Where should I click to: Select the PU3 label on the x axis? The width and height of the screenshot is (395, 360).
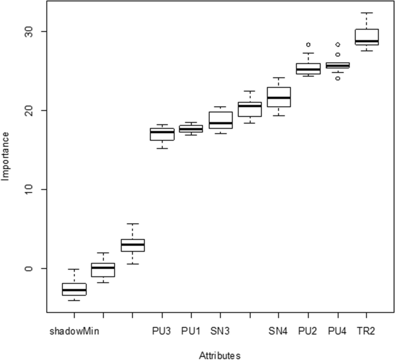pyautogui.click(x=161, y=331)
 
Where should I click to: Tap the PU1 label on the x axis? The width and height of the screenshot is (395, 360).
pyautogui.click(x=191, y=331)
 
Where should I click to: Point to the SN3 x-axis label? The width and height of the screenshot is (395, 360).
pyautogui.click(x=220, y=331)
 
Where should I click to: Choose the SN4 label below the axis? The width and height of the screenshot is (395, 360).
pyautogui.click(x=279, y=331)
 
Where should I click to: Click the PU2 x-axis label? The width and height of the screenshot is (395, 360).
pyautogui.click(x=308, y=331)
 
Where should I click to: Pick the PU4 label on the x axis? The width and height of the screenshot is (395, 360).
pyautogui.click(x=337, y=331)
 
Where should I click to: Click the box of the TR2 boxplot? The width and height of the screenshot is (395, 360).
pyautogui.click(x=367, y=36)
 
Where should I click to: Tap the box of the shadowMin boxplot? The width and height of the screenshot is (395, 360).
pyautogui.click(x=74, y=289)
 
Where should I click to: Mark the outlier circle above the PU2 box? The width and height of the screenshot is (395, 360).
pyautogui.click(x=309, y=44)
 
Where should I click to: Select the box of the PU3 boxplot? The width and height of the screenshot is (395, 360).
pyautogui.click(x=162, y=134)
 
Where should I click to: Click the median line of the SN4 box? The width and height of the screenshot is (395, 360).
pyautogui.click(x=279, y=97)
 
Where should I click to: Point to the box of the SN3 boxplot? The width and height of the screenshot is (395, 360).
pyautogui.click(x=220, y=120)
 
